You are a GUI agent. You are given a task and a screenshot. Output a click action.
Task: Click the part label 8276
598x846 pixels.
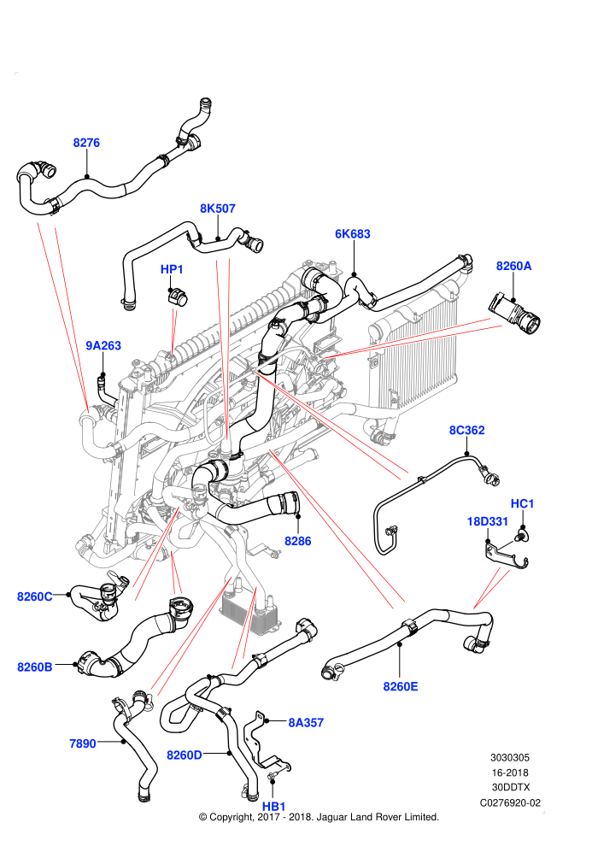[86, 143]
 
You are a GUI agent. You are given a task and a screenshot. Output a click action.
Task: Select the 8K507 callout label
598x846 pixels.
[218, 209]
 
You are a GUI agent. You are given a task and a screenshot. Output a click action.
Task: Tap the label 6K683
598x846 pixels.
[353, 233]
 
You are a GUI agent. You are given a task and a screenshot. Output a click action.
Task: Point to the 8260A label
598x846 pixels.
[514, 266]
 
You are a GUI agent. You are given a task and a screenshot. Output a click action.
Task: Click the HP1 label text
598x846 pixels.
[172, 268]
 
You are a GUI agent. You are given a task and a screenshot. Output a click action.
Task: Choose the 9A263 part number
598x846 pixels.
[103, 345]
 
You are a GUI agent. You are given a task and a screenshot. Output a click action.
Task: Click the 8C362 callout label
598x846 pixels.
[467, 430]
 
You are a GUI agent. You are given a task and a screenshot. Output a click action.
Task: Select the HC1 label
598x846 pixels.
[522, 503]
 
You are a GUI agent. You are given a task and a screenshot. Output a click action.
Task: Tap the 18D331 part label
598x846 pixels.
[488, 521]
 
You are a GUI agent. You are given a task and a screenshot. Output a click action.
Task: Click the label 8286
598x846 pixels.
[297, 541]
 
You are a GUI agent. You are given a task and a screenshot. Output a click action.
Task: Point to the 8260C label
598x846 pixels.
[35, 596]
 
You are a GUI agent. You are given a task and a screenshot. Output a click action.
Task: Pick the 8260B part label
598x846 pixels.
[35, 667]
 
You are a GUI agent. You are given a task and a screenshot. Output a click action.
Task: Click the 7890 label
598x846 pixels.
[83, 743]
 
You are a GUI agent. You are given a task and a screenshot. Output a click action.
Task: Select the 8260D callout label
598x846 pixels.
[185, 755]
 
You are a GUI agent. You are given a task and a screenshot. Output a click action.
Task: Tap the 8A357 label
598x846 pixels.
[306, 722]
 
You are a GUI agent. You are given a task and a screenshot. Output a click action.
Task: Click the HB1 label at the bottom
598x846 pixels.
[273, 806]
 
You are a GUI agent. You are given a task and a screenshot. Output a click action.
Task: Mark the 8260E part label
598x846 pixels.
[401, 686]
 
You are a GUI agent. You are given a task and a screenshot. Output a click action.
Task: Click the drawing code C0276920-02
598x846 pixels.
[510, 802]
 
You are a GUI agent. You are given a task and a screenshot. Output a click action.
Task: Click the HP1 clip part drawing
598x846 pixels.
[177, 297]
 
